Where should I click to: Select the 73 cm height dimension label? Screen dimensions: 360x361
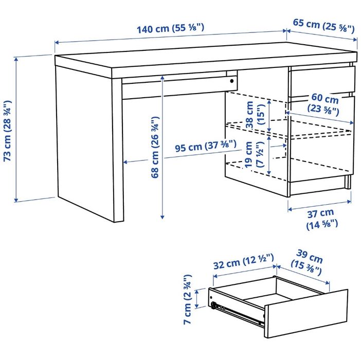(x=8, y=131)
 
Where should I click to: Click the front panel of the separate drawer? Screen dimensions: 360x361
(x=306, y=313)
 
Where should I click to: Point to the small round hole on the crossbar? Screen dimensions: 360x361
(x=232, y=81)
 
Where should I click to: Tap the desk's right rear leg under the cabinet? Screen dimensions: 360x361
(x=349, y=182)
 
